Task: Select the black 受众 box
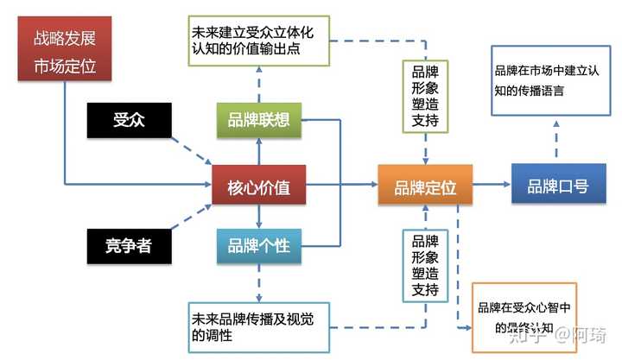click(x=128, y=121)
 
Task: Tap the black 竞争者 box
click(x=128, y=246)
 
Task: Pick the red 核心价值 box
click(x=259, y=185)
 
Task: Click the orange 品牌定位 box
click(x=425, y=185)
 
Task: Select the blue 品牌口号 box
click(x=557, y=185)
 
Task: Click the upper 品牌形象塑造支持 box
click(x=425, y=94)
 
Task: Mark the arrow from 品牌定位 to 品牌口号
click(x=490, y=185)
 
